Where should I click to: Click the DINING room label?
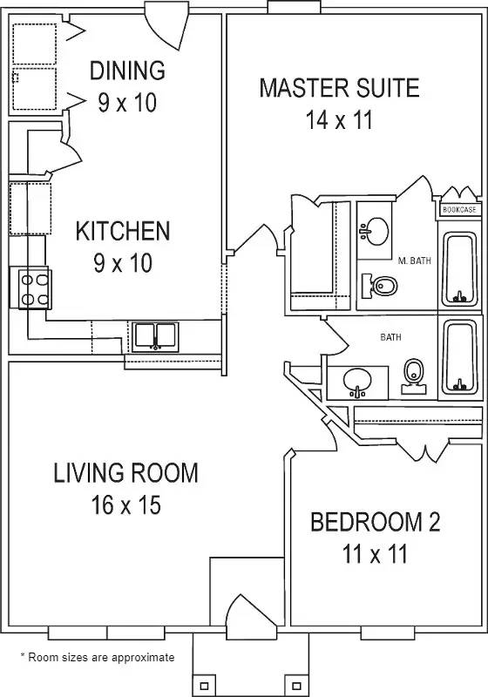(x=127, y=70)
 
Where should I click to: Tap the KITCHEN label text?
(x=122, y=232)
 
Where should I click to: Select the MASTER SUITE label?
(x=339, y=88)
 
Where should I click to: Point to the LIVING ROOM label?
(x=125, y=473)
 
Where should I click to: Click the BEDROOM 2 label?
(x=376, y=522)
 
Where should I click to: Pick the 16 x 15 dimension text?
(x=125, y=504)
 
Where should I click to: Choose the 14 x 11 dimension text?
(x=339, y=119)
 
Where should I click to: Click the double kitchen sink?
(x=155, y=335)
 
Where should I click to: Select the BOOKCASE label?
(x=458, y=210)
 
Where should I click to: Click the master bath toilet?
(x=381, y=285)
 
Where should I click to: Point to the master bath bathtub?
(x=460, y=269)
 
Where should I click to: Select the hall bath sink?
(x=358, y=382)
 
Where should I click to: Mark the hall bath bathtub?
(x=460, y=357)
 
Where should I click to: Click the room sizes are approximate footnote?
(x=97, y=658)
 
